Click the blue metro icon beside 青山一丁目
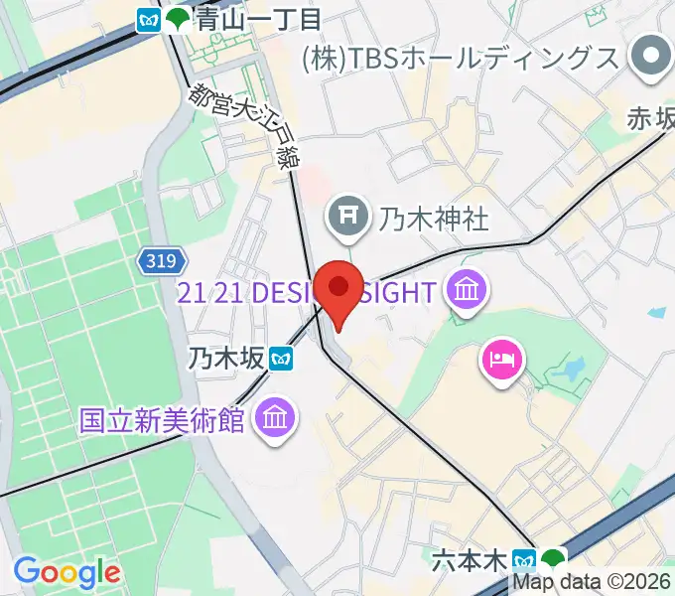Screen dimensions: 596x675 point(150,18)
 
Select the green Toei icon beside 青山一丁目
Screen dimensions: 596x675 point(178,18)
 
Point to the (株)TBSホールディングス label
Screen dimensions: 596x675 point(461,58)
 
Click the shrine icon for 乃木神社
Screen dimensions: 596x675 point(347,215)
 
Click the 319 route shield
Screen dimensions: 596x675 point(159,260)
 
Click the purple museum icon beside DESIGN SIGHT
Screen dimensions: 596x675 point(466,292)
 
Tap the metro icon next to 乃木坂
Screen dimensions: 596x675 point(284,357)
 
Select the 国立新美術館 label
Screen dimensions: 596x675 point(162,419)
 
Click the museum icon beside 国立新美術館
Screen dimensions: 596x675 point(271,419)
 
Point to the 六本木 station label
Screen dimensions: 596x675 point(470,560)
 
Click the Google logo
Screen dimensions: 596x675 point(67,573)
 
